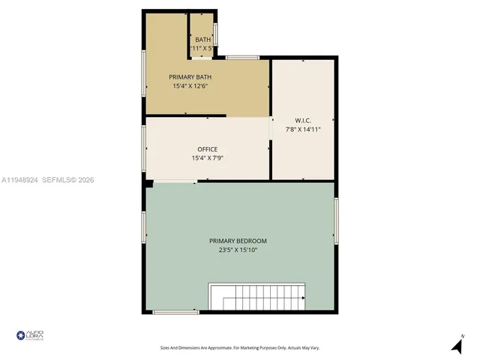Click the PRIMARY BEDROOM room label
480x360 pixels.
[x=238, y=241]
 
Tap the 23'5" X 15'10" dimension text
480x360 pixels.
[x=238, y=250]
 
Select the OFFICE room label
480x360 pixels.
[x=208, y=149]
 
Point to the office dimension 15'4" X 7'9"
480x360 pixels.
[x=208, y=158]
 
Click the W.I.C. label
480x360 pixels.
[x=303, y=120]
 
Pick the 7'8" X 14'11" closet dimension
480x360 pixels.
[x=303, y=129]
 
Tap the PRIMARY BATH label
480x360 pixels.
[x=190, y=77]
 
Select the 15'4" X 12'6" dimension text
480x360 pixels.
[x=190, y=86]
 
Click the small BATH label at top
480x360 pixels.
[x=202, y=40]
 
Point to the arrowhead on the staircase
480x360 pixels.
[x=303, y=298]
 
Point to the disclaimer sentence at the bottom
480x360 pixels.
[x=240, y=348]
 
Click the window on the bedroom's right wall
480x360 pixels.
[x=337, y=221]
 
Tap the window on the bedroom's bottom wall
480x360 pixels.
[x=175, y=312]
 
